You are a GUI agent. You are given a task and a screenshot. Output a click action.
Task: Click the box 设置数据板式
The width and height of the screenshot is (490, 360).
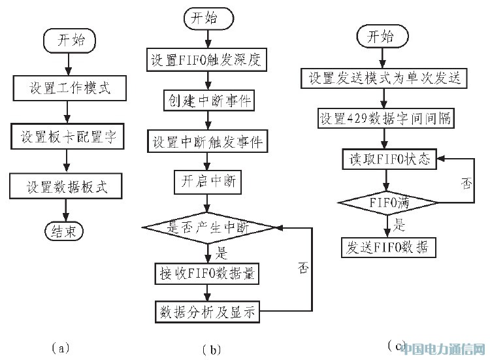tap(67, 187)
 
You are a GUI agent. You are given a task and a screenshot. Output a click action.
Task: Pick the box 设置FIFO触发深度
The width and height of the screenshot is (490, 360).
tap(208, 60)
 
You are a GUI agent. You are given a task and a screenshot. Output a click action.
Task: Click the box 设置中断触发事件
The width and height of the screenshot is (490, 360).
tap(208, 141)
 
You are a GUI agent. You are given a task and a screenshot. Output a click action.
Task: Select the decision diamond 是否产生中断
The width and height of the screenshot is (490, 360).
tap(208, 227)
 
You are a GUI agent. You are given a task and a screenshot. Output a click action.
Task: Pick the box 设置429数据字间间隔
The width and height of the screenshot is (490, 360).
tap(384, 120)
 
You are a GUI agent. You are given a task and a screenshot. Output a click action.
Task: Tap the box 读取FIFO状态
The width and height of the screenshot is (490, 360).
tap(388, 159)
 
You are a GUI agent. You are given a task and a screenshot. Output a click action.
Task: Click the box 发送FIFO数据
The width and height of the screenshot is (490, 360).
tap(388, 246)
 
